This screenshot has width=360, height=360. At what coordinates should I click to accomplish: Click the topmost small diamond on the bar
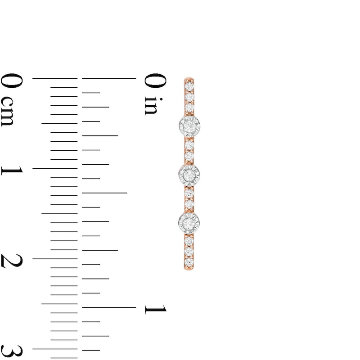(189, 85)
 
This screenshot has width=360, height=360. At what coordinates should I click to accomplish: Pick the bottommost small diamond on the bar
(189, 261)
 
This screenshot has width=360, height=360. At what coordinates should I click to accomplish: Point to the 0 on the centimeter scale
(12, 81)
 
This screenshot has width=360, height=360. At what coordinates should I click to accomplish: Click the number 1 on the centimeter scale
(12, 171)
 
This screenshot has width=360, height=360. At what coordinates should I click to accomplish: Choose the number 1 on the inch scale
(155, 309)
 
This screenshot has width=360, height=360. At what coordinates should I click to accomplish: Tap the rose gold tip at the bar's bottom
(189, 268)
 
